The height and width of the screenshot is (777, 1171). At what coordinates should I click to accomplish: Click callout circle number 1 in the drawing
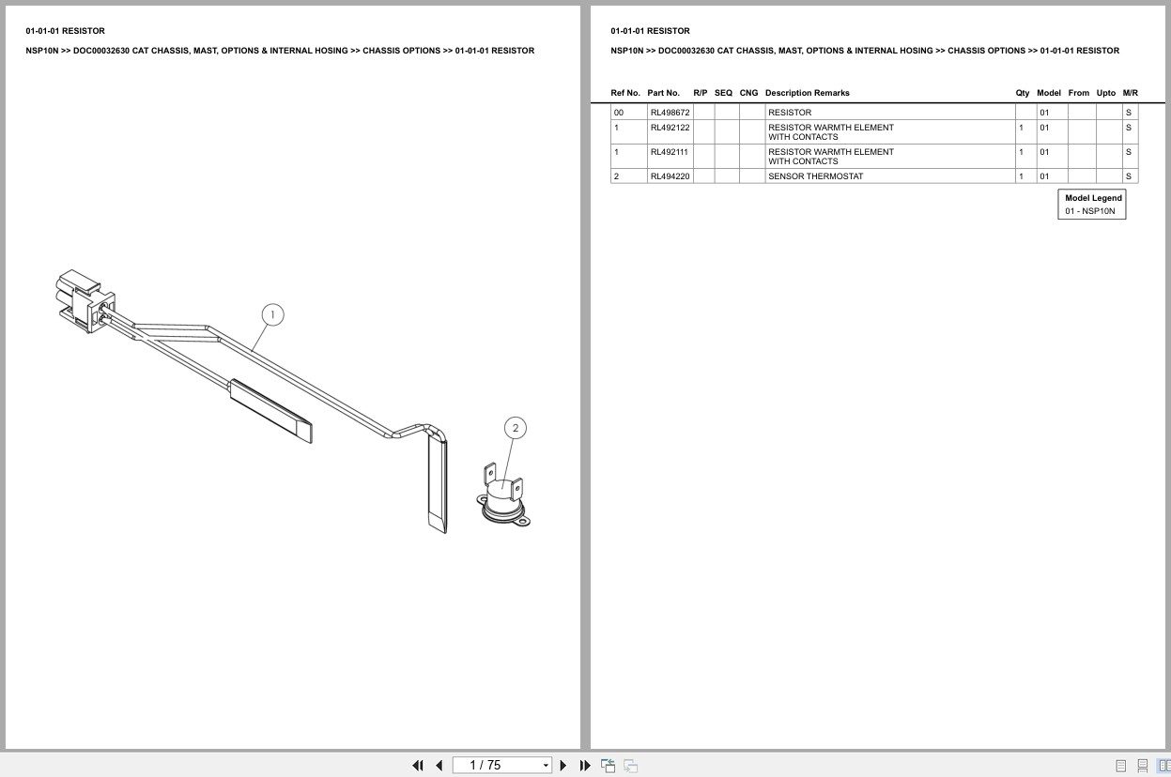click(271, 314)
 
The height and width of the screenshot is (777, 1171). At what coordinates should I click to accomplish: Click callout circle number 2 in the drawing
click(515, 428)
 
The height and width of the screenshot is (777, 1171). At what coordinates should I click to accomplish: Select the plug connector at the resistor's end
click(85, 301)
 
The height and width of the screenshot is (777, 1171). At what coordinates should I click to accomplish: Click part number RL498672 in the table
click(670, 113)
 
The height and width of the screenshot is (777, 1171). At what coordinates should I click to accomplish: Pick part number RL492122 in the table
click(670, 128)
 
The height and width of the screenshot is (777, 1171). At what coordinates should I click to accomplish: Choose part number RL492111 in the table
click(669, 152)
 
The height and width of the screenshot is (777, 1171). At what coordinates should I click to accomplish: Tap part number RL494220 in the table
click(670, 176)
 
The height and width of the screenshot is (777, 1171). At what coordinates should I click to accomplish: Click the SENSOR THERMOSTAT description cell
click(815, 176)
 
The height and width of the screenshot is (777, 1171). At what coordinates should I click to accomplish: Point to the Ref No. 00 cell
click(619, 113)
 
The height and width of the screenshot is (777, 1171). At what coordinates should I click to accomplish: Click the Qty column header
click(1022, 93)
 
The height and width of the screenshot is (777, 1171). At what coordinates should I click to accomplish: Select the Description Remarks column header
click(807, 93)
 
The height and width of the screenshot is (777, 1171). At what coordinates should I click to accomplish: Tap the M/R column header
click(1130, 93)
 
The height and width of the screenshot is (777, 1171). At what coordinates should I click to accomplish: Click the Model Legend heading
click(1093, 198)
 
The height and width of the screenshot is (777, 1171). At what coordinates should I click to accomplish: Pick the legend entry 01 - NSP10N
click(1090, 211)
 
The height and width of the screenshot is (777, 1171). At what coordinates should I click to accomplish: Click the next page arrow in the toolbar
click(563, 765)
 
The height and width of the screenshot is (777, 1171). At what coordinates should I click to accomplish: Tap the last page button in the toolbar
click(585, 765)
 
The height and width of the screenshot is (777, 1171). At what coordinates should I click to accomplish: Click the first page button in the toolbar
click(418, 765)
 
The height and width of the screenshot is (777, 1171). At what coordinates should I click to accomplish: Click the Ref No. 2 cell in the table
click(617, 176)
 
